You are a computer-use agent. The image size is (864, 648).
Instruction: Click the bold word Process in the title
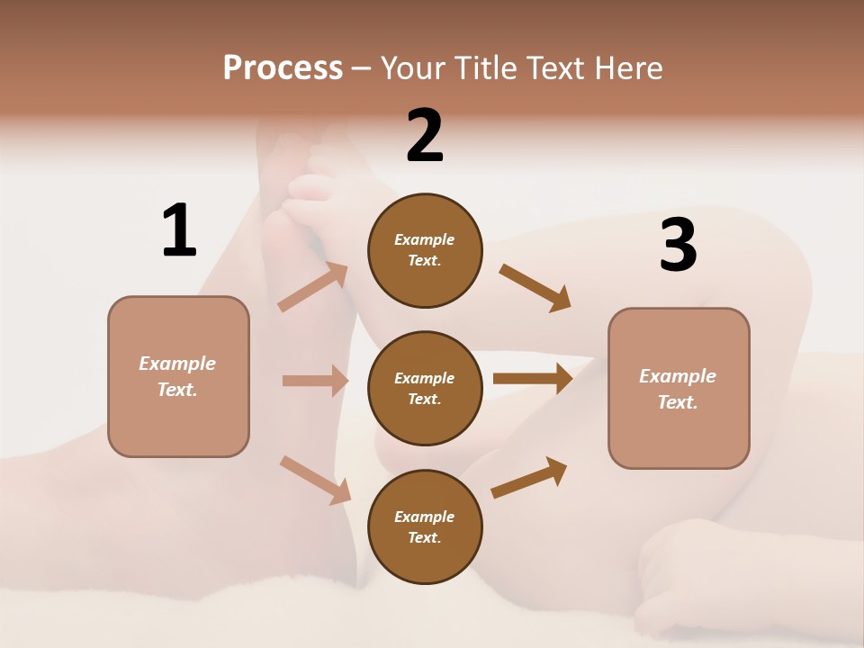tap(283, 67)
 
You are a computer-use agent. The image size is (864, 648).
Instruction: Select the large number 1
tap(179, 230)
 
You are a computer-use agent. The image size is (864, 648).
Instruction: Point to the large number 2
tap(425, 136)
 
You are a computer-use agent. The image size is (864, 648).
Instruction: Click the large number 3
tap(678, 246)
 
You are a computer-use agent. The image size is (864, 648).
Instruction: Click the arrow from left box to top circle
tap(313, 288)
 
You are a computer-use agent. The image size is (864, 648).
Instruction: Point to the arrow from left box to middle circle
tap(315, 381)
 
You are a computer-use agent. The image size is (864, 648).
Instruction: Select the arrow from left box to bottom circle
tap(315, 479)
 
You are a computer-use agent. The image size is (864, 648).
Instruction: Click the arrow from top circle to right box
tap(535, 288)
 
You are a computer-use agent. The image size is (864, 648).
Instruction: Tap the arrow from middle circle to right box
tap(532, 379)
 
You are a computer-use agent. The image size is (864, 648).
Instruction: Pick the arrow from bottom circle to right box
tap(529, 477)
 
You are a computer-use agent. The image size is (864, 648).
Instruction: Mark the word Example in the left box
tap(177, 364)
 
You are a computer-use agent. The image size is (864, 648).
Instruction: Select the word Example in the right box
tap(678, 376)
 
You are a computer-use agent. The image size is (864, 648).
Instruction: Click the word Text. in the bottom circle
tap(425, 537)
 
